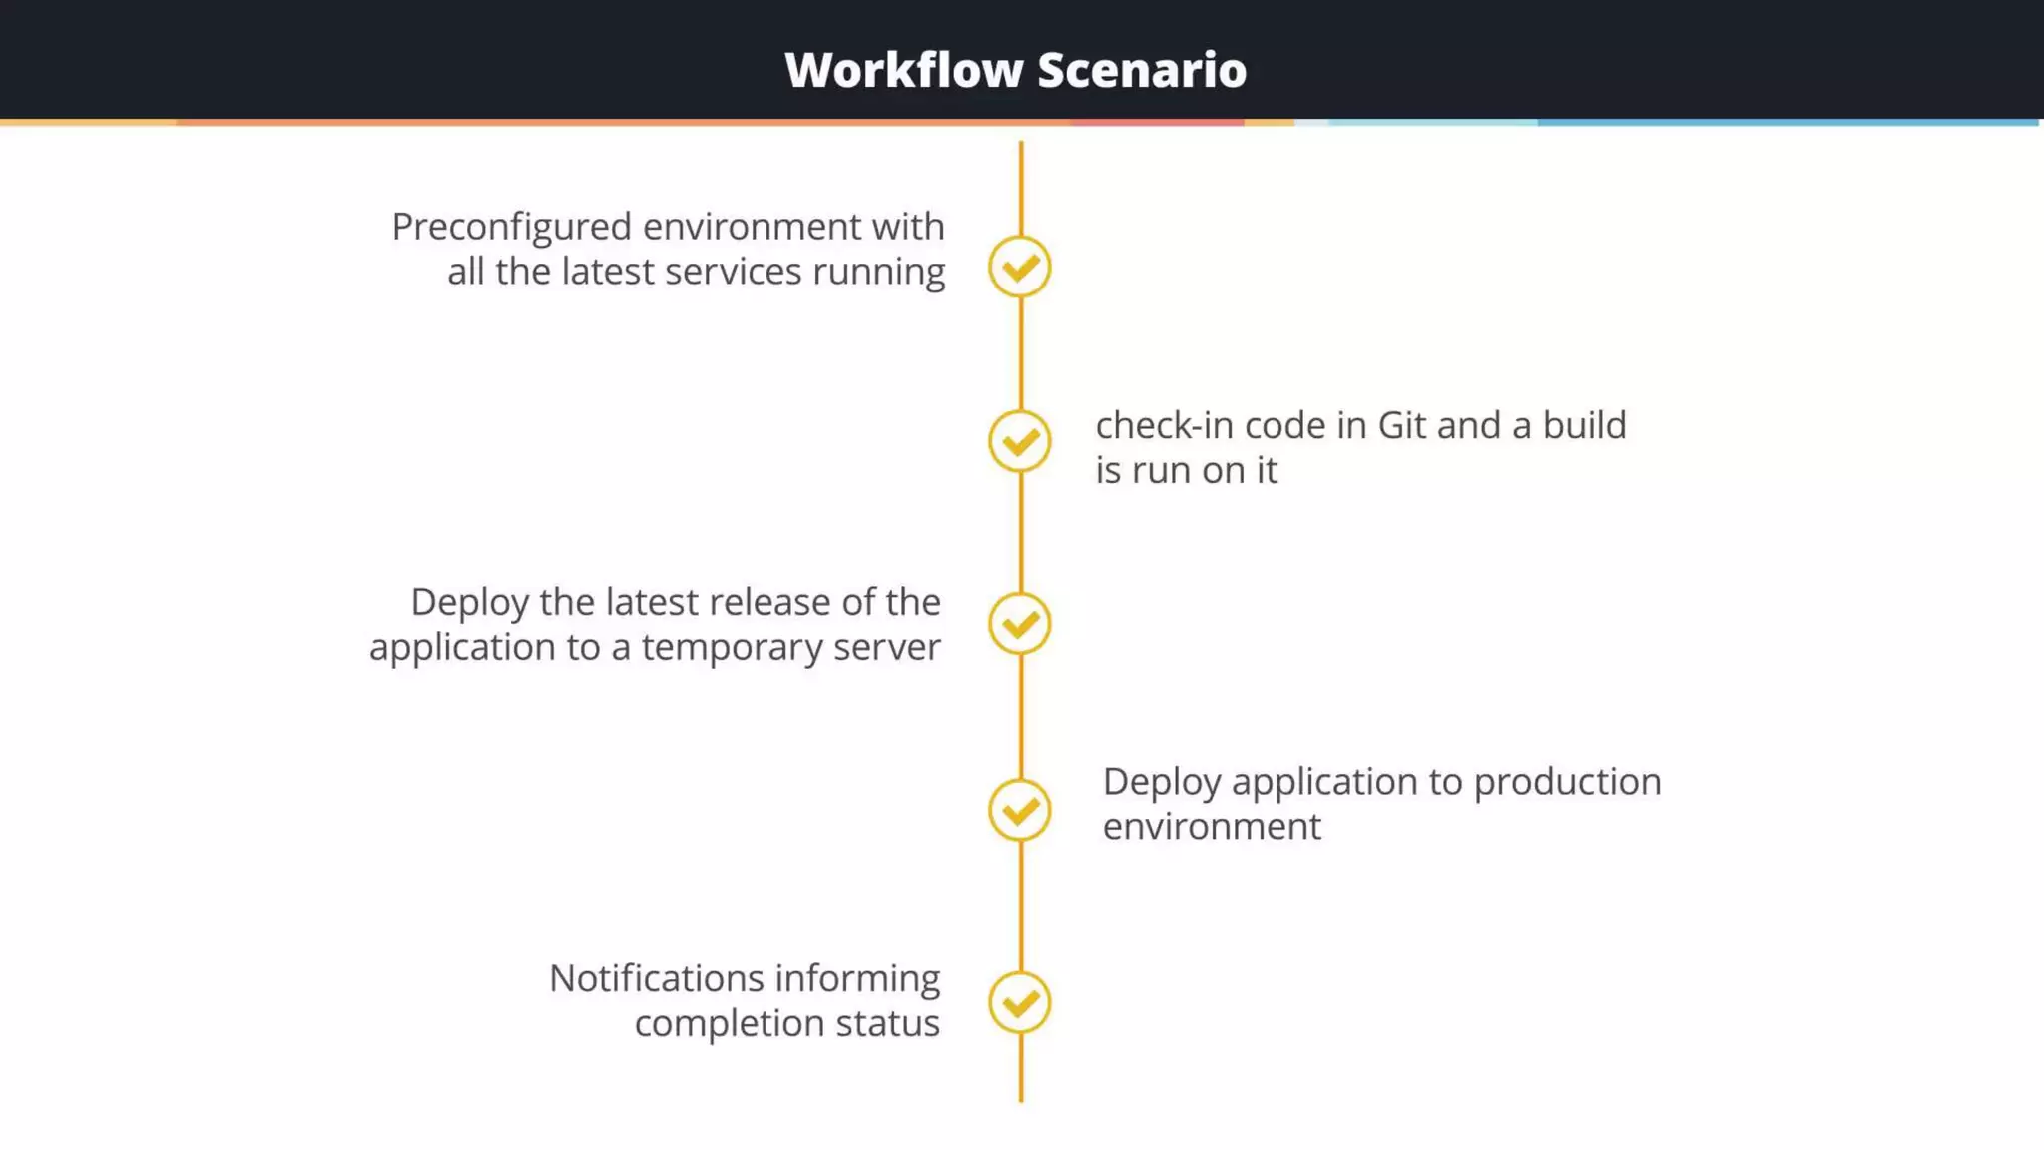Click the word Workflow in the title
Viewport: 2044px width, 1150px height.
tap(904, 70)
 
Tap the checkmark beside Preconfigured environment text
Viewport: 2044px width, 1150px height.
tap(1020, 267)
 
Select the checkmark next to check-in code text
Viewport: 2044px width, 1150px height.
tap(1020, 441)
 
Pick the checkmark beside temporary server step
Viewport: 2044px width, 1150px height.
tap(1020, 624)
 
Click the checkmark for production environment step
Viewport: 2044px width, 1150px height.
tap(1020, 810)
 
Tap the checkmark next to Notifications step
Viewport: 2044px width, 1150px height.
tap(1020, 1002)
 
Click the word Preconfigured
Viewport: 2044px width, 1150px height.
tap(511, 228)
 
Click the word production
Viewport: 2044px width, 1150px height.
tap(1567, 782)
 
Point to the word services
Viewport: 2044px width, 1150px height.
tap(734, 272)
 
